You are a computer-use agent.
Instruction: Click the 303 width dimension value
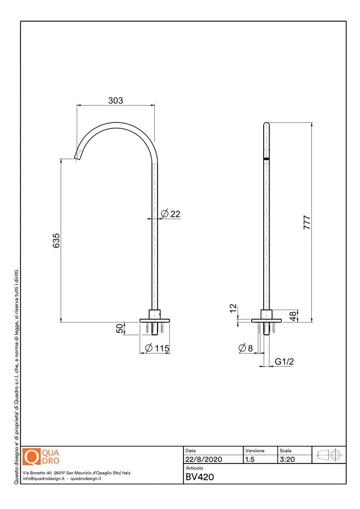(x=116, y=100)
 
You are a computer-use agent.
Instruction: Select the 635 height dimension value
(x=56, y=240)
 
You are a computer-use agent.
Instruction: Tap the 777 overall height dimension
(x=307, y=223)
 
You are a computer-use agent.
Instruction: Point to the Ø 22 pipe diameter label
(x=171, y=214)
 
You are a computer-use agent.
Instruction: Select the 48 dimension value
(x=293, y=316)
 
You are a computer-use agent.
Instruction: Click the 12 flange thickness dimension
(x=233, y=309)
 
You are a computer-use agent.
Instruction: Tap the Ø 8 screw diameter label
(x=246, y=348)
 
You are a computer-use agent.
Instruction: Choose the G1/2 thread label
(x=285, y=361)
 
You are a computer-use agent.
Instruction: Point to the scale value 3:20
(x=287, y=459)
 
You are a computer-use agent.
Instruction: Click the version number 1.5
(x=250, y=459)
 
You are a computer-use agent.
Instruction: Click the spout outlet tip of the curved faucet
(x=77, y=157)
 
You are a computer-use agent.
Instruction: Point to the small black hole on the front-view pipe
(x=266, y=159)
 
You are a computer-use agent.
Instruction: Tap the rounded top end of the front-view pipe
(x=266, y=125)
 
